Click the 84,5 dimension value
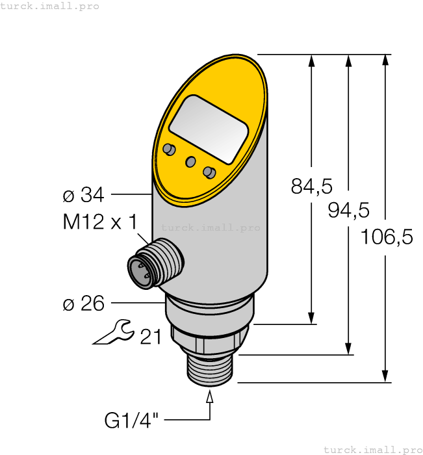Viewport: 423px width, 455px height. pyautogui.click(x=311, y=187)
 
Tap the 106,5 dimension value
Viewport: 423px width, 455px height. pyautogui.click(x=387, y=237)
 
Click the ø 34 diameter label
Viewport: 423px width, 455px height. pyautogui.click(x=83, y=194)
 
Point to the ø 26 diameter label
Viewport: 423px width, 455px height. pyautogui.click(x=83, y=303)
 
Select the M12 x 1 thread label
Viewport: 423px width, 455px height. pyautogui.click(x=99, y=222)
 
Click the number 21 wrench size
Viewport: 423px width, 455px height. pyautogui.click(x=150, y=336)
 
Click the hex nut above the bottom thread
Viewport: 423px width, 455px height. pyautogui.click(x=208, y=339)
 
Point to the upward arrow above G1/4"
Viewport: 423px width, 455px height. pyautogui.click(x=210, y=398)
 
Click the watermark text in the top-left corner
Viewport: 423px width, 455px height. pyautogui.click(x=50, y=6)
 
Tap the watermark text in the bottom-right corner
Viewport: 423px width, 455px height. pyautogui.click(x=372, y=449)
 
